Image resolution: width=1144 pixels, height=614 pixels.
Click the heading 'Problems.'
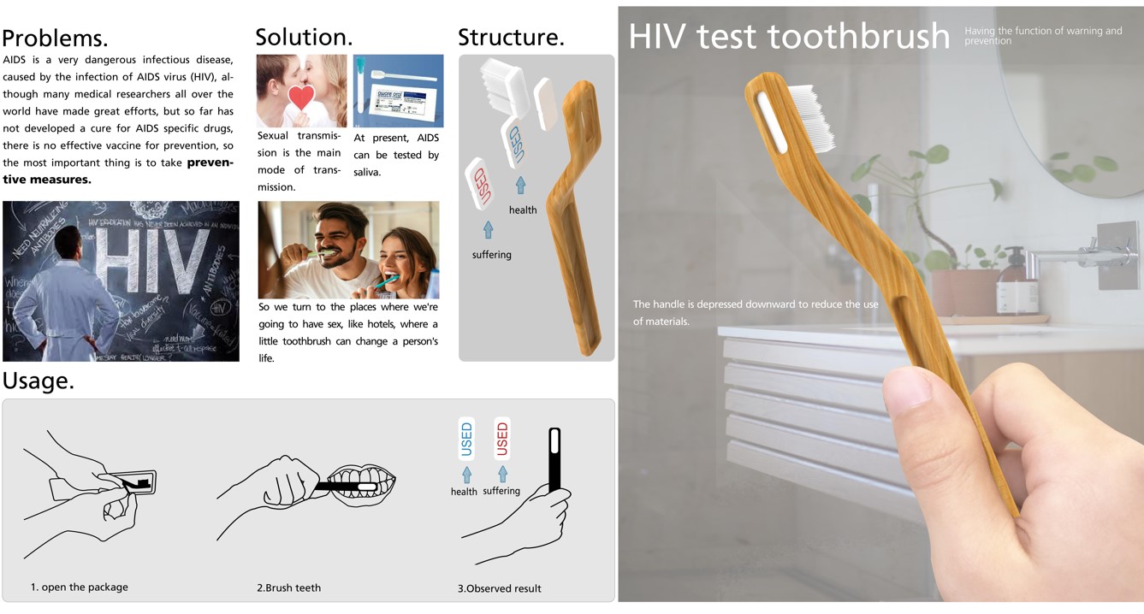coord(55,38)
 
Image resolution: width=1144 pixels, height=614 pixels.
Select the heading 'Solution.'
coord(304,37)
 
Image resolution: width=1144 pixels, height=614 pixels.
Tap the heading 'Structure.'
coord(511,37)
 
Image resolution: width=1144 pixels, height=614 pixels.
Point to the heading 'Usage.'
coord(39,381)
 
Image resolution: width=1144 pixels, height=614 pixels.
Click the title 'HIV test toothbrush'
coord(789,37)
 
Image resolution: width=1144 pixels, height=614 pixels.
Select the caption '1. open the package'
coord(80,587)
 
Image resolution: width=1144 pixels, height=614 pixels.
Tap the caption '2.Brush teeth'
coord(289,588)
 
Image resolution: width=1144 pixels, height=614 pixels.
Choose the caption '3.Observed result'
coord(499,588)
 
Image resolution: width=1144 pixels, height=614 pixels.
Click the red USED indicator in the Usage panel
coord(502,440)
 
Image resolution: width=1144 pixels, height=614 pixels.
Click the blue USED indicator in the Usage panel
coord(466,440)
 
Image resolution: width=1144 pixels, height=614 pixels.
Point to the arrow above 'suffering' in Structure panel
coord(488,229)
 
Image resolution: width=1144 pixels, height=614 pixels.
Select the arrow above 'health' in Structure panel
coord(520,184)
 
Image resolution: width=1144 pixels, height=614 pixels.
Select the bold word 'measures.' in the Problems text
coord(62,180)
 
